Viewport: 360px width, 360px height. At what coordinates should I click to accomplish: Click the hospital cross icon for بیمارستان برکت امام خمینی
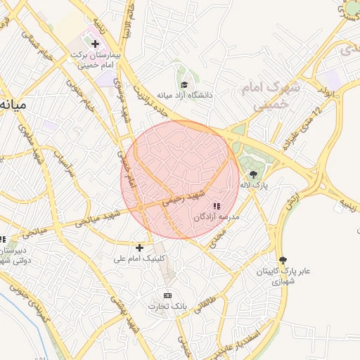coord(95,44)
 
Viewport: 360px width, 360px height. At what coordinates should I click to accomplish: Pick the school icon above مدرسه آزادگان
coord(217,206)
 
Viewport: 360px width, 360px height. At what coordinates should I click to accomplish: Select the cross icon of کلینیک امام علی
coord(139,247)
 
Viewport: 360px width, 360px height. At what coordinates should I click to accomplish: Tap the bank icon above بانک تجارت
coord(167,295)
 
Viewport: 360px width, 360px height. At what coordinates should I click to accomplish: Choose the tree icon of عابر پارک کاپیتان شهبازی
coord(283,259)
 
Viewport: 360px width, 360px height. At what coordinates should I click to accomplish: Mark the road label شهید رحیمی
coord(182,198)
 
